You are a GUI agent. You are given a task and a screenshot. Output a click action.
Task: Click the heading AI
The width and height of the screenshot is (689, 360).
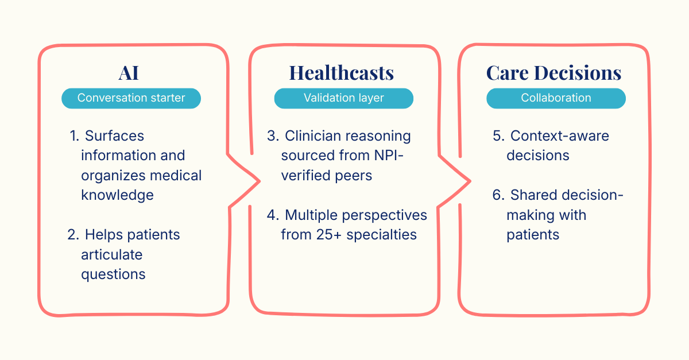[x=129, y=73]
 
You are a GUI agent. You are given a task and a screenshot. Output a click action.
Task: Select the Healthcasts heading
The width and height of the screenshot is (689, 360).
[x=341, y=73]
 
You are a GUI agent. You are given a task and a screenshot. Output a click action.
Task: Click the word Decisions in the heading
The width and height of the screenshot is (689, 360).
[x=578, y=73]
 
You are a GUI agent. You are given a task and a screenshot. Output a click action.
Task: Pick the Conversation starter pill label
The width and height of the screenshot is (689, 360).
[x=131, y=98]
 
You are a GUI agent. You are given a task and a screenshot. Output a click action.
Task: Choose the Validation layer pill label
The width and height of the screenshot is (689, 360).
[x=343, y=98]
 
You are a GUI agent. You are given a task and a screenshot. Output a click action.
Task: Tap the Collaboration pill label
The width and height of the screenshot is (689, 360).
[x=556, y=98]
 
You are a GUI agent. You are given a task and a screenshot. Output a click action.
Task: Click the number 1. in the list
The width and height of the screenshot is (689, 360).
[x=75, y=136]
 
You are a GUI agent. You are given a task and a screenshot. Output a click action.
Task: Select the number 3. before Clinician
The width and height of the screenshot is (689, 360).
[x=273, y=136]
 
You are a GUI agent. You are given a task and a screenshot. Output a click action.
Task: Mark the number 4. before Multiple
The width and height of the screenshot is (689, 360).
[x=273, y=215]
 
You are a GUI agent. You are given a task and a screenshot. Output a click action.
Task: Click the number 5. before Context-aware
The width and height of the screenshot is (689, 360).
[x=498, y=136]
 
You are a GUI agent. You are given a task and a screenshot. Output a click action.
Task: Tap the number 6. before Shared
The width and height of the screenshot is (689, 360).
[x=498, y=195]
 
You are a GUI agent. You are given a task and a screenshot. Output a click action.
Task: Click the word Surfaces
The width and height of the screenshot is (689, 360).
[x=114, y=136]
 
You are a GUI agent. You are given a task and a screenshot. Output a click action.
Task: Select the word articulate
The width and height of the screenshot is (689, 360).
[x=112, y=254]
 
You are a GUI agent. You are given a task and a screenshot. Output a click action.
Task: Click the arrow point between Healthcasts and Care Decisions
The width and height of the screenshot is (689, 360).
[x=470, y=180]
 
